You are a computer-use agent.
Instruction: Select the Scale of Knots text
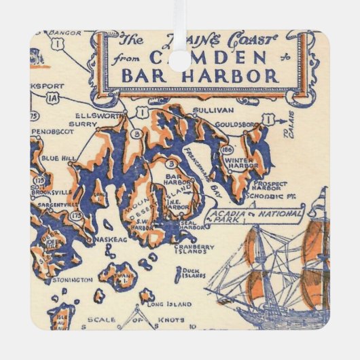point(137,319)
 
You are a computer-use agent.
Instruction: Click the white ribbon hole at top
point(179,60)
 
